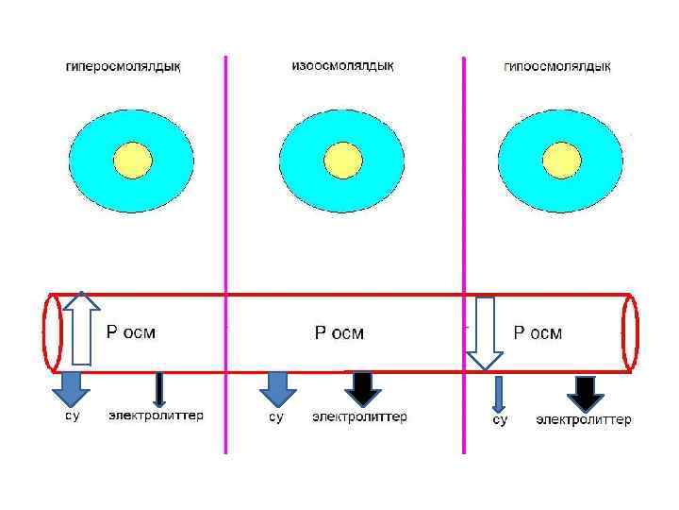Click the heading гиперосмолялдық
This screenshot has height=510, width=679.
(x=124, y=66)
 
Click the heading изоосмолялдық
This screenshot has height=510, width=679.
(x=342, y=65)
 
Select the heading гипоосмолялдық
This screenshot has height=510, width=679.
(x=557, y=66)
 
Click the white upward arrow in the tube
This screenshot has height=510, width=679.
(x=82, y=328)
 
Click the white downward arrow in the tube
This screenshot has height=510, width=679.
(x=486, y=331)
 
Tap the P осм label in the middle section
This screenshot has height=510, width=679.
(x=339, y=333)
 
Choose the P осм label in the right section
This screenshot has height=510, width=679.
(x=538, y=333)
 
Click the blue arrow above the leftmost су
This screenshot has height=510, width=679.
(x=71, y=387)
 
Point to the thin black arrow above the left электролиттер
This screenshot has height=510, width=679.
(x=159, y=389)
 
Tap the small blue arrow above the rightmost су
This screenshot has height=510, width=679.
(x=499, y=392)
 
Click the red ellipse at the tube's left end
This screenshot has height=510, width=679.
(x=53, y=331)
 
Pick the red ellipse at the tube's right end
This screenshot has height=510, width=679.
(x=630, y=332)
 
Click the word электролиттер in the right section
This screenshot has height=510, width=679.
(x=584, y=419)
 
